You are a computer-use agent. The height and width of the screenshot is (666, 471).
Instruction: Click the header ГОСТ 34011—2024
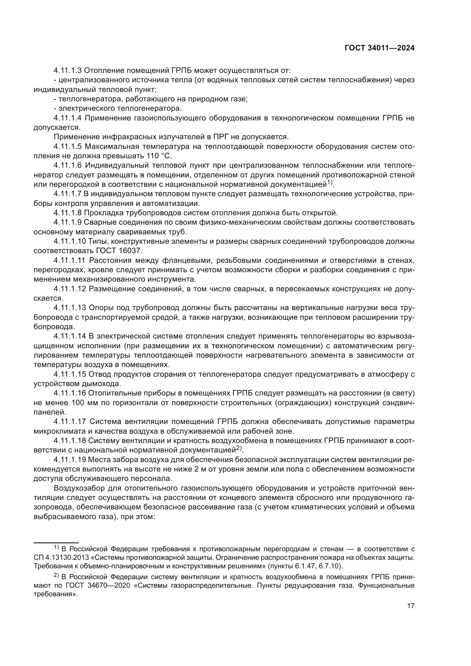click(x=379, y=48)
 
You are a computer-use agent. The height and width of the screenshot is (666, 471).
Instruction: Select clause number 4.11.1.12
click(x=70, y=289)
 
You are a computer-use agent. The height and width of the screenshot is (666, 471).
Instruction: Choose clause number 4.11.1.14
click(x=70, y=336)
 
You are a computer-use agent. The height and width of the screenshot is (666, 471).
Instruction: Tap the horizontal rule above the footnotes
click(x=56, y=543)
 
